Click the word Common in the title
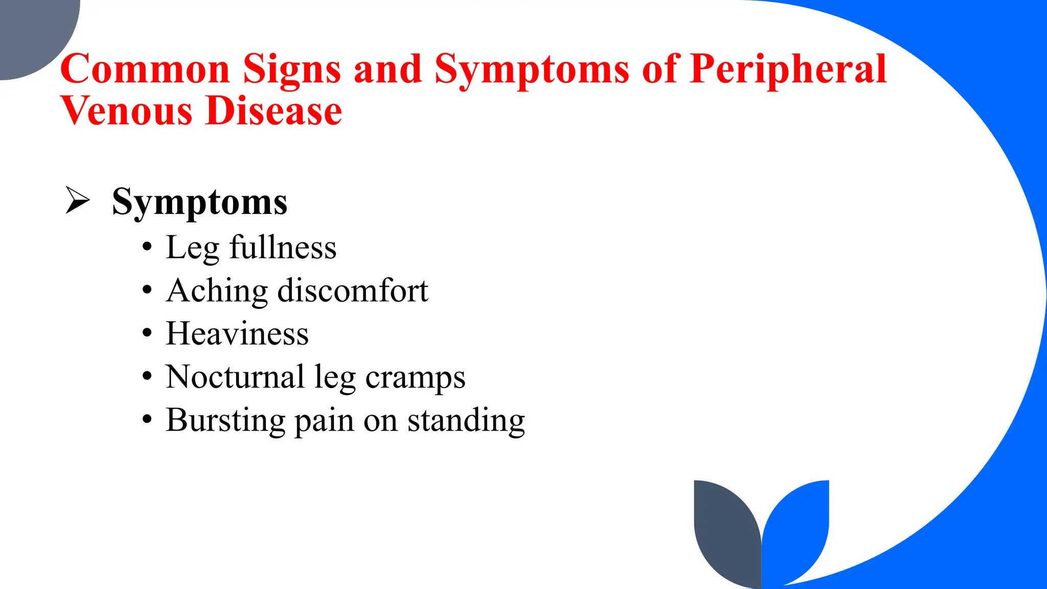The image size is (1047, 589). pyautogui.click(x=145, y=69)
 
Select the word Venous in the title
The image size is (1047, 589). pyautogui.click(x=126, y=111)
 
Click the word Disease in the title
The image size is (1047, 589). pyautogui.click(x=274, y=111)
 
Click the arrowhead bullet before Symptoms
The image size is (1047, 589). pyautogui.click(x=77, y=200)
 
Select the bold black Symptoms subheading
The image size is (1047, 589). pyautogui.click(x=199, y=202)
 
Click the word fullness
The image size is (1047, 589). pyautogui.click(x=283, y=247)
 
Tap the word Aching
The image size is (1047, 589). pyautogui.click(x=217, y=291)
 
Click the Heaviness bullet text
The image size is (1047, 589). pyautogui.click(x=237, y=334)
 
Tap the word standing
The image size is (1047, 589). pyautogui.click(x=466, y=421)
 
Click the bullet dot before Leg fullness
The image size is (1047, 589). pyautogui.click(x=147, y=247)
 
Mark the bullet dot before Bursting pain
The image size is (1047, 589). pyautogui.click(x=147, y=420)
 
